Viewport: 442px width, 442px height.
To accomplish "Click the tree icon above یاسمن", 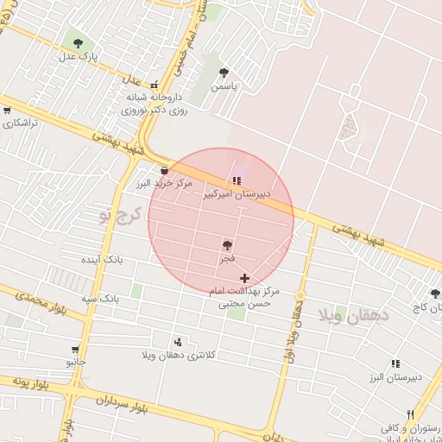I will [x=224, y=73].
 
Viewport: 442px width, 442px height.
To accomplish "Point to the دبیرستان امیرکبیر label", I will [x=237, y=194].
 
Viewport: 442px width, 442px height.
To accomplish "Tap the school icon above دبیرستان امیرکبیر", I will [x=237, y=180].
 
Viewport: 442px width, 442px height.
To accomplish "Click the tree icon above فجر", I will [x=227, y=246].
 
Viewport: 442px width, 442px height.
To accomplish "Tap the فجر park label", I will [x=227, y=259].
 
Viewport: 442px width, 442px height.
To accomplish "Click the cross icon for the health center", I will [x=246, y=278].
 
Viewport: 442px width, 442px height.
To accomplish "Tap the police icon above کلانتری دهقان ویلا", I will [x=179, y=342].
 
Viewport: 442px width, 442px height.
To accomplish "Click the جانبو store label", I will [x=76, y=363].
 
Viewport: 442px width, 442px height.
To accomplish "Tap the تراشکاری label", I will [x=21, y=123].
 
